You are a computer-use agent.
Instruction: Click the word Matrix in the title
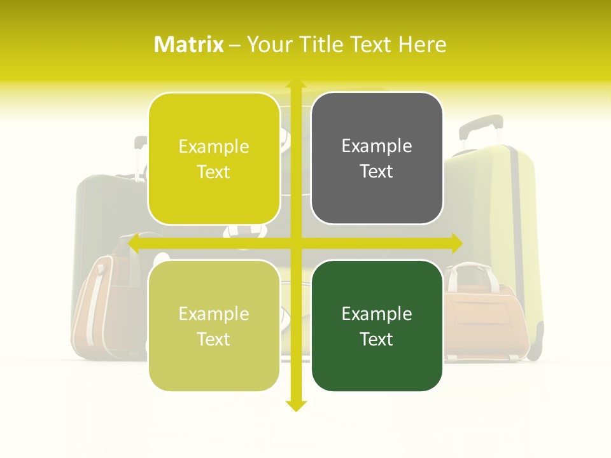[189, 45]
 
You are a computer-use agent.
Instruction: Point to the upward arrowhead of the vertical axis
[295, 84]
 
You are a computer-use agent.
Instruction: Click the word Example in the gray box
[377, 146]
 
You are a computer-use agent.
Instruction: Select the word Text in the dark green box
[377, 339]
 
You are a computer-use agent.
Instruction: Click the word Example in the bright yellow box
[214, 147]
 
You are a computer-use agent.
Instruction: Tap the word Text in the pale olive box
[214, 339]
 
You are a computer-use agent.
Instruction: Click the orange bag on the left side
[102, 305]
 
